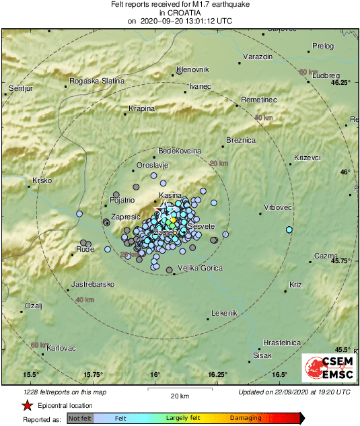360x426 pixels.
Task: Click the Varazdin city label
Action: click(x=257, y=56)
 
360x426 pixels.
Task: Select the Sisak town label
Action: click(x=262, y=355)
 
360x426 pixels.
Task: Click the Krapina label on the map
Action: click(x=141, y=108)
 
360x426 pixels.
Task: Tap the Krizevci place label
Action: click(x=308, y=158)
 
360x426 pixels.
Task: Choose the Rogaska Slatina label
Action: click(x=98, y=81)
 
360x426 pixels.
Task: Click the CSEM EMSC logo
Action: click(x=325, y=369)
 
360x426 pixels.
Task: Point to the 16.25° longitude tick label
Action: click(x=217, y=374)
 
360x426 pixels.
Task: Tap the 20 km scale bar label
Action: click(x=179, y=395)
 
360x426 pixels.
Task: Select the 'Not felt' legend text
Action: click(x=79, y=418)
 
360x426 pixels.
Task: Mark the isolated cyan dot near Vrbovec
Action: click(x=289, y=230)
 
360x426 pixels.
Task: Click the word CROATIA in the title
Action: click(x=180, y=13)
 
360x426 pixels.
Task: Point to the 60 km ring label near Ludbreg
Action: click(x=308, y=71)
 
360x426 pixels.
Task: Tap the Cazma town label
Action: click(x=326, y=256)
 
